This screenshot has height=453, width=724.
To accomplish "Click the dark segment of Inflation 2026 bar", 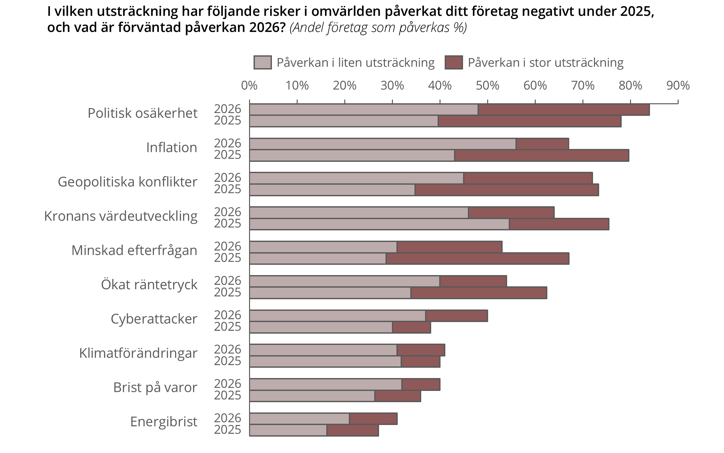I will [x=542, y=144].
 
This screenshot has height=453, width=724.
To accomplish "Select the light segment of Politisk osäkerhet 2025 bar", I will [x=344, y=121].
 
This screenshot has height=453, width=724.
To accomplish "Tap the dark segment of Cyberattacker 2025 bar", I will [x=412, y=328].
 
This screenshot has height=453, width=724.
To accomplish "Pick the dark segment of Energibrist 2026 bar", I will [x=373, y=419].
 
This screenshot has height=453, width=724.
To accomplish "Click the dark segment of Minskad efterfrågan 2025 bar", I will [x=478, y=259].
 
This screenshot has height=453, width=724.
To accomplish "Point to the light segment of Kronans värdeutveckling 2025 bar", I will [x=379, y=224].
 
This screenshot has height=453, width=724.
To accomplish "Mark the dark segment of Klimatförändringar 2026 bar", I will [x=421, y=350].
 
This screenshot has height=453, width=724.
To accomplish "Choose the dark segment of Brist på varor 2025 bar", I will [x=398, y=396].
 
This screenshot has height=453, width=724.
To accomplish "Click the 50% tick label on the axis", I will [x=487, y=86].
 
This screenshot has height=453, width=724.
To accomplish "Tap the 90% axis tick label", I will [x=678, y=86].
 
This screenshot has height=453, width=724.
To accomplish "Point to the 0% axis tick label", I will [x=249, y=86].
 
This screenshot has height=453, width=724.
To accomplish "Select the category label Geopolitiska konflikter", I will [x=127, y=182].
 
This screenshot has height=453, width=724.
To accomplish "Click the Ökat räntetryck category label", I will [x=149, y=285].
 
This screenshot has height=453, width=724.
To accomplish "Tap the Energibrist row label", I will [x=163, y=422].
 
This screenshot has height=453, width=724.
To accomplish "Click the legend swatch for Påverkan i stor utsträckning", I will [x=454, y=62].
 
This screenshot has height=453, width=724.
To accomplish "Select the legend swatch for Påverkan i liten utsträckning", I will [x=263, y=62].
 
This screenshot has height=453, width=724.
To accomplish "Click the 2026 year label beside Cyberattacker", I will [x=227, y=315].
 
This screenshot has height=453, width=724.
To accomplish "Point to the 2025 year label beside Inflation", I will [x=227, y=155].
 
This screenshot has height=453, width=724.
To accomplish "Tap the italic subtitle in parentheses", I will [x=378, y=28].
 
